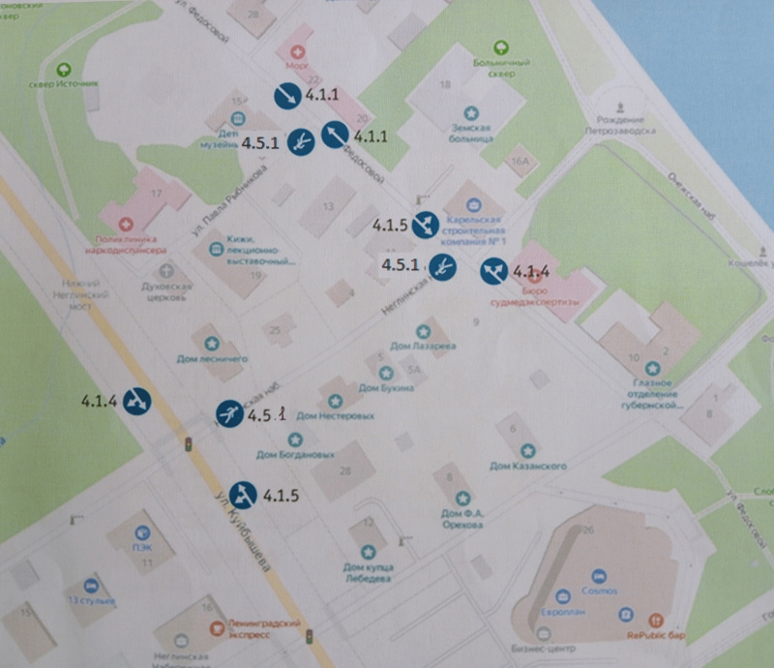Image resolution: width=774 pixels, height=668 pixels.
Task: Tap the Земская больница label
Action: pyautogui.click(x=471, y=133)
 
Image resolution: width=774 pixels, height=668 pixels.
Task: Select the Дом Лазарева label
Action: pyautogui.click(x=422, y=346)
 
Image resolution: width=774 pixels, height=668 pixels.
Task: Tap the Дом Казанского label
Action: pyautogui.click(x=527, y=466)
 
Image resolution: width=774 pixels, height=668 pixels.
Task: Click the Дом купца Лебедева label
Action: pyautogui.click(x=367, y=572)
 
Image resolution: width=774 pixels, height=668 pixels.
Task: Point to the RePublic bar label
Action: pyautogui.click(x=656, y=635)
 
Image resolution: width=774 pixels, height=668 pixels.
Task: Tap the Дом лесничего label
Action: pyautogui.click(x=212, y=358)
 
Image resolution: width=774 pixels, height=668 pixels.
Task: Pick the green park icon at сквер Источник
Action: pyautogui.click(x=64, y=70)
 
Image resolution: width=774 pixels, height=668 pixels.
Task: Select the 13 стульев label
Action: pyautogui.click(x=91, y=601)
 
